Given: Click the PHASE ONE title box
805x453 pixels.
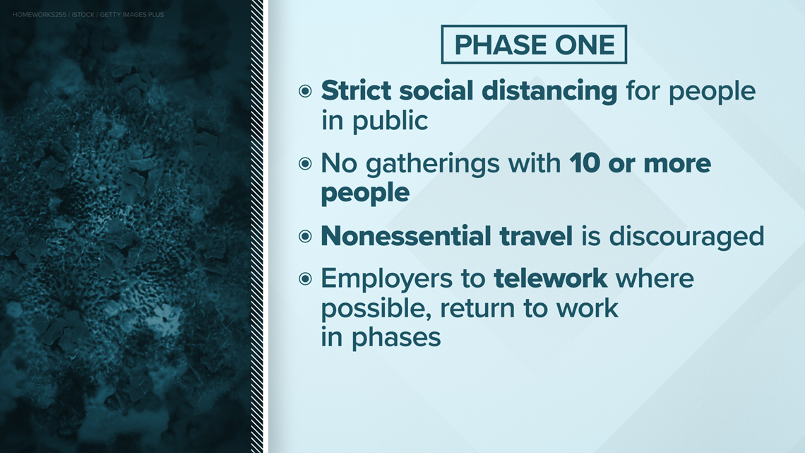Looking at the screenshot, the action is (534, 45).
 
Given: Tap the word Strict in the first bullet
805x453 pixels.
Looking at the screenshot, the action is (357, 91).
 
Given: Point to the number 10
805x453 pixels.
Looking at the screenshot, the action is (584, 164).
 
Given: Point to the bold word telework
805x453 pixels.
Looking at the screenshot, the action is (551, 278).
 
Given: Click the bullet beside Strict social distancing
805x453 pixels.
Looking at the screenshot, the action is (306, 91).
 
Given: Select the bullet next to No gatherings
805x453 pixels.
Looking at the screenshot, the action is (306, 164).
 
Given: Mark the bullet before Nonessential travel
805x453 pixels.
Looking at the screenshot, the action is (306, 236).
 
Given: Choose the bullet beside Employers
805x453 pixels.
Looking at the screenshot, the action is (306, 279).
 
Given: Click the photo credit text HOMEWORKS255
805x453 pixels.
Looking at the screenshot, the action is (40, 15).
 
